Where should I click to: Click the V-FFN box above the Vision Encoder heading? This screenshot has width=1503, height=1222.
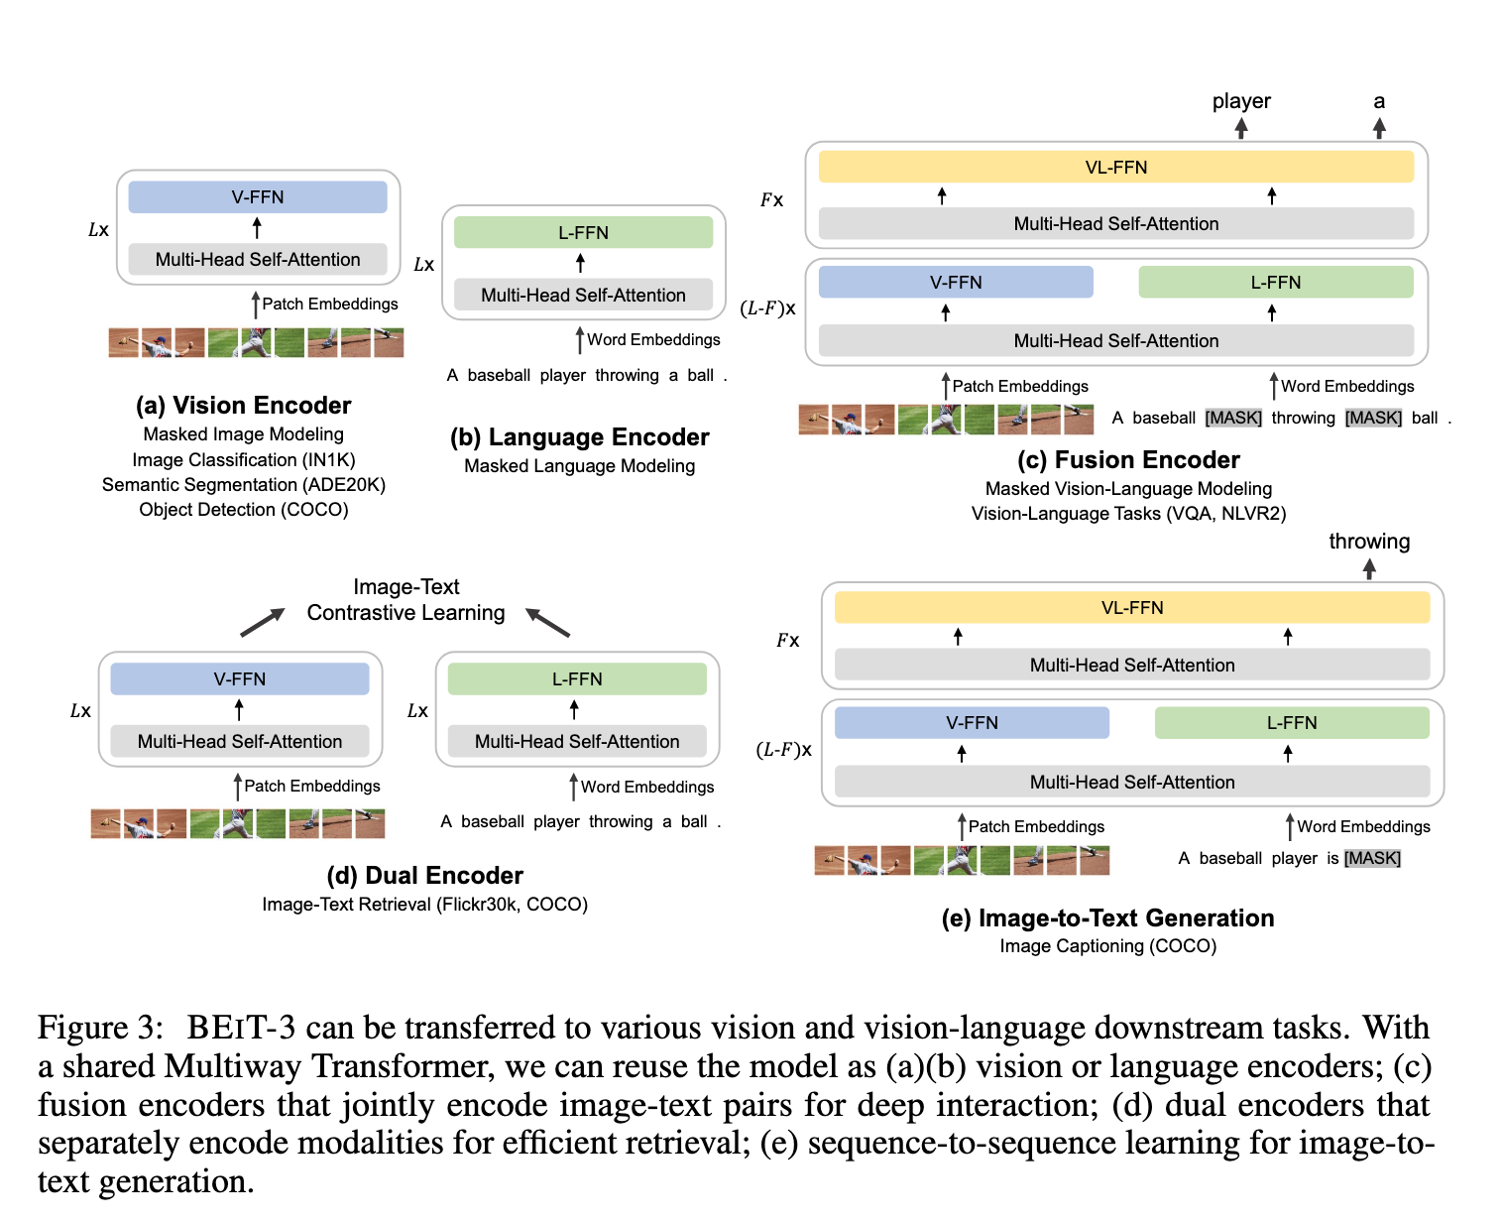(x=258, y=197)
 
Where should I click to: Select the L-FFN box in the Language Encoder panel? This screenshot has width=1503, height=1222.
(x=583, y=233)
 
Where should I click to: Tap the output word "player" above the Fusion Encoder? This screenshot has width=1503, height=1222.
(x=1241, y=101)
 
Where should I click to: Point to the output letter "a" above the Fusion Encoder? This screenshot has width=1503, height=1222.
(x=1379, y=101)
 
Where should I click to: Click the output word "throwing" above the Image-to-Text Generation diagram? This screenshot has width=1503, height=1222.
(x=1369, y=542)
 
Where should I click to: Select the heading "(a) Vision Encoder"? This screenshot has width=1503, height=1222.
(x=244, y=406)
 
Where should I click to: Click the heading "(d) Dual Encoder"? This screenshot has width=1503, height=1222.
(x=424, y=876)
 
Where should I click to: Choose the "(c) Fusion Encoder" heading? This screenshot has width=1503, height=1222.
(x=1128, y=460)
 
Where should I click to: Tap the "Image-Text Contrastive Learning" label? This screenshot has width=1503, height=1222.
(x=406, y=600)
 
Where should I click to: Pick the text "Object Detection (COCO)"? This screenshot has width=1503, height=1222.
(x=244, y=510)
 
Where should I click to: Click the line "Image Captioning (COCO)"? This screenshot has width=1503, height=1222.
(x=1108, y=946)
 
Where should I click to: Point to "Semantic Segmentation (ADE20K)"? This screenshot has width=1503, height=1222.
(x=244, y=485)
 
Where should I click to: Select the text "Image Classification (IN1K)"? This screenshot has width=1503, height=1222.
(x=244, y=460)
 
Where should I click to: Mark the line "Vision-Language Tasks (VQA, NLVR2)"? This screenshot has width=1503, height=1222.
(x=1128, y=514)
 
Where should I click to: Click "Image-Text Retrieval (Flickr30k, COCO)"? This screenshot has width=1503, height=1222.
(x=424, y=905)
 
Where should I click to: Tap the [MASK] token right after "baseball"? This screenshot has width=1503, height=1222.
(x=1233, y=418)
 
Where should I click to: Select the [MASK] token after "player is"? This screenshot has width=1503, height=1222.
(x=1372, y=858)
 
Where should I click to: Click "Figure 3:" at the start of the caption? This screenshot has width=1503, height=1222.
(x=98, y=1028)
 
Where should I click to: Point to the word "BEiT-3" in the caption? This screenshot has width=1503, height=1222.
(x=241, y=1028)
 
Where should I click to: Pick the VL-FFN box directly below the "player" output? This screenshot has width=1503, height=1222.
(x=1116, y=168)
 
